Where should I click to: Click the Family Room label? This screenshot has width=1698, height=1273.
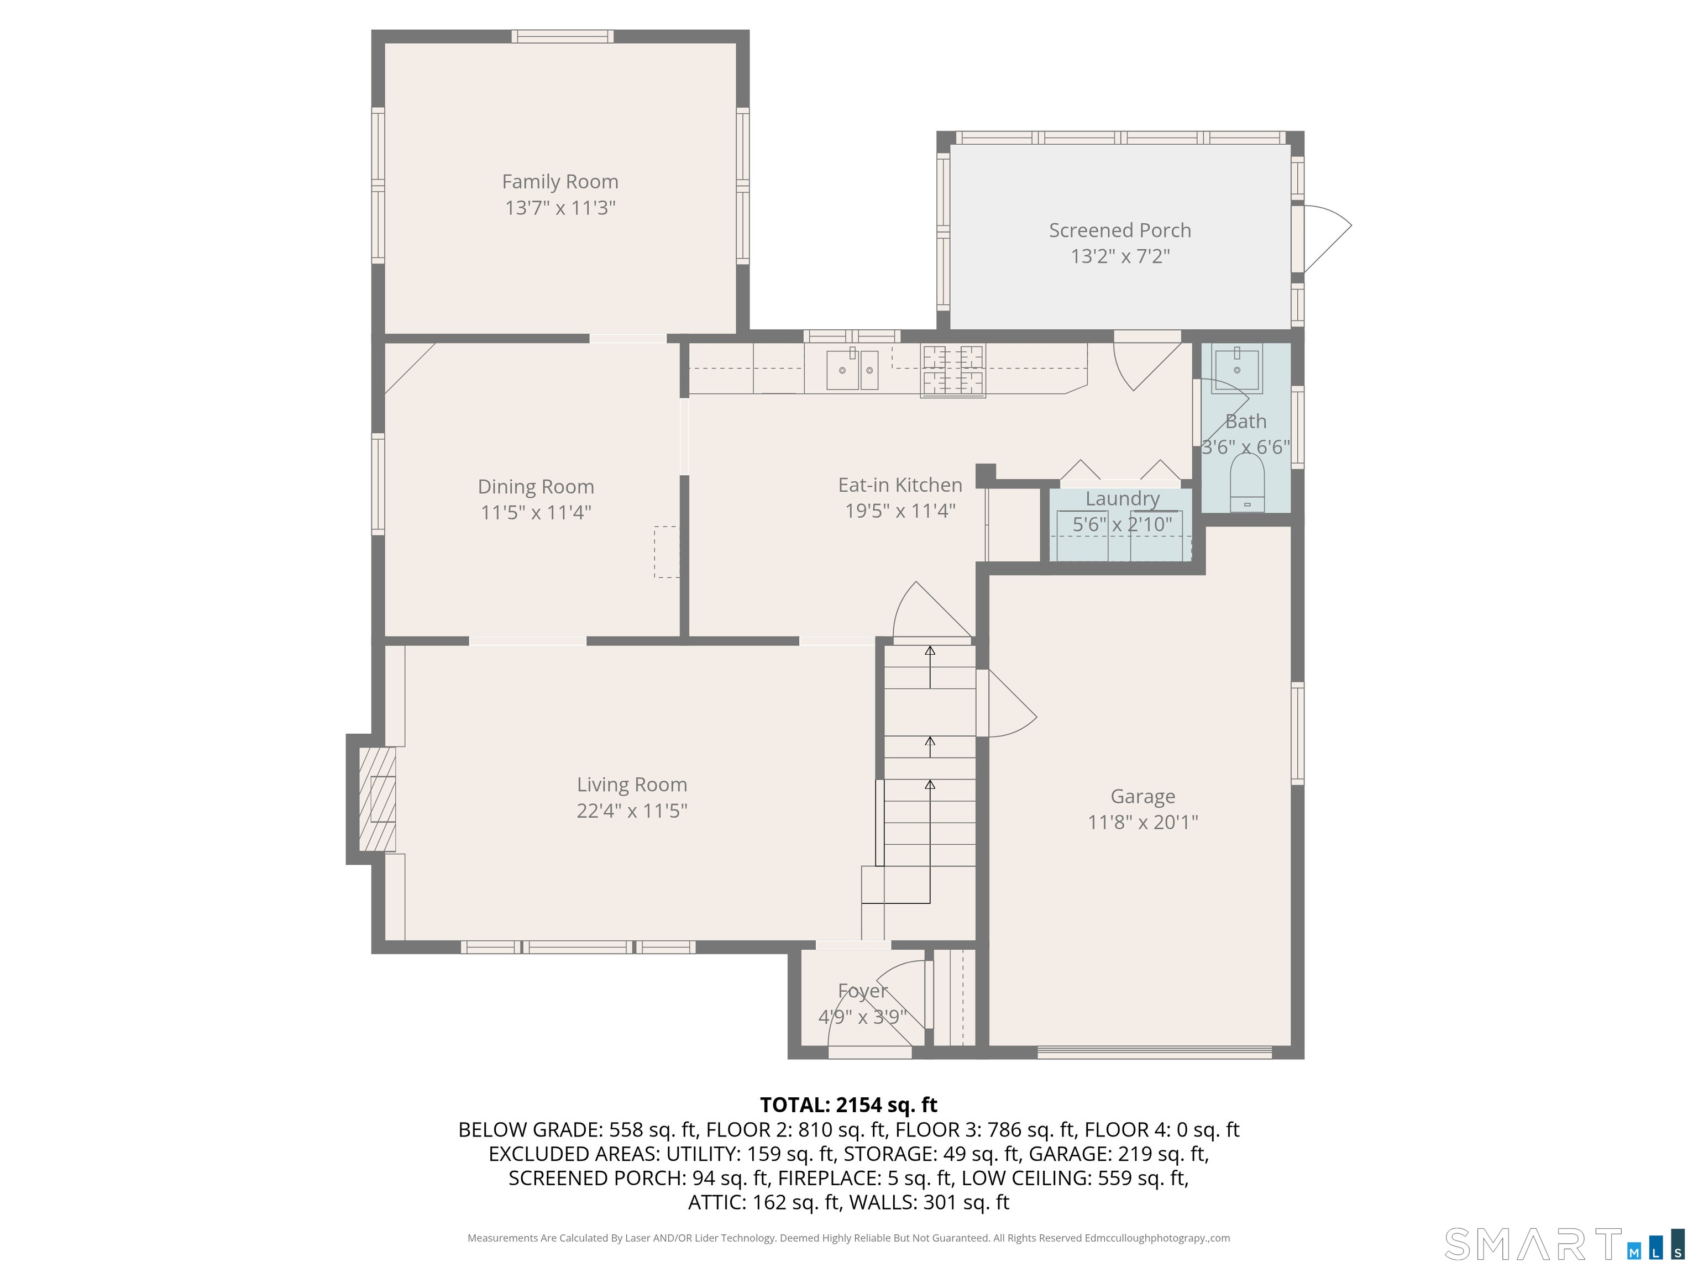pos(559,182)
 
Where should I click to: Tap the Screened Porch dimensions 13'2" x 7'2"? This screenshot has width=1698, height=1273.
pos(1120,256)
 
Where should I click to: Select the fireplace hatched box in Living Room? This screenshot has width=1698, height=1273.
pos(378,799)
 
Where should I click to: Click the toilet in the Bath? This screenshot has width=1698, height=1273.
pos(1246,483)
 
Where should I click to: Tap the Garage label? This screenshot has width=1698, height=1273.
pos(1143,797)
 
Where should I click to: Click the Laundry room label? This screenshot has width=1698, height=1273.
pos(1122,499)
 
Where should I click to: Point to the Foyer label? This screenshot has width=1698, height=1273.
pos(862,991)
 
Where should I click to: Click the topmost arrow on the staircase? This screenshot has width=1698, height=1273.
pos(930,652)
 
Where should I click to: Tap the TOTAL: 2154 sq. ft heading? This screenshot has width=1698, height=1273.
pos(848,1105)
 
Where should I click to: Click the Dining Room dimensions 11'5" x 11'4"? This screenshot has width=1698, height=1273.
pos(535,513)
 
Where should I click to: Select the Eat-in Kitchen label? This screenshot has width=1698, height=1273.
pos(900,485)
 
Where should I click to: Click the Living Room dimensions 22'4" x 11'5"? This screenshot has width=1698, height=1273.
pos(632,811)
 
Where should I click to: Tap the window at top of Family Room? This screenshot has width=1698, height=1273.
pos(563,36)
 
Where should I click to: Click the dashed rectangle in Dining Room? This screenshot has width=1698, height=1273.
pos(666,552)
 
